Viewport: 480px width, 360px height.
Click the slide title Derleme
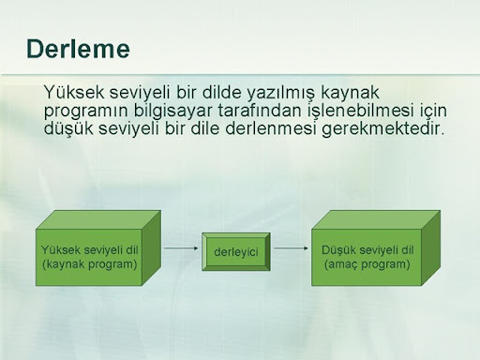pyautogui.click(x=78, y=49)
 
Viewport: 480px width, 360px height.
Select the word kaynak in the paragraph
pyautogui.click(x=350, y=93)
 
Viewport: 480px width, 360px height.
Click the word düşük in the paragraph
pyautogui.click(x=68, y=129)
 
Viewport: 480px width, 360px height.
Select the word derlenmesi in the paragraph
pyautogui.click(x=271, y=128)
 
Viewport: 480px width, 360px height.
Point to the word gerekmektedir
pyautogui.click(x=382, y=129)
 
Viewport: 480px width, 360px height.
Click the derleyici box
pyautogui.click(x=236, y=251)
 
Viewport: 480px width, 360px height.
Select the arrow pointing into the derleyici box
pyautogui.click(x=181, y=248)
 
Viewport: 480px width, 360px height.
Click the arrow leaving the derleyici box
pyautogui.click(x=292, y=248)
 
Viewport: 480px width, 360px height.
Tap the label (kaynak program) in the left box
pyautogui.click(x=90, y=264)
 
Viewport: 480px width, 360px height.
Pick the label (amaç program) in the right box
pyautogui.click(x=367, y=264)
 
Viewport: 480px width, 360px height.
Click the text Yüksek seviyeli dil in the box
pyautogui.click(x=90, y=250)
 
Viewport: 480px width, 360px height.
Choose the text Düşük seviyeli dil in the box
pyautogui.click(x=367, y=250)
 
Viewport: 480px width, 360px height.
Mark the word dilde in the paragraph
pyautogui.click(x=222, y=92)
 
